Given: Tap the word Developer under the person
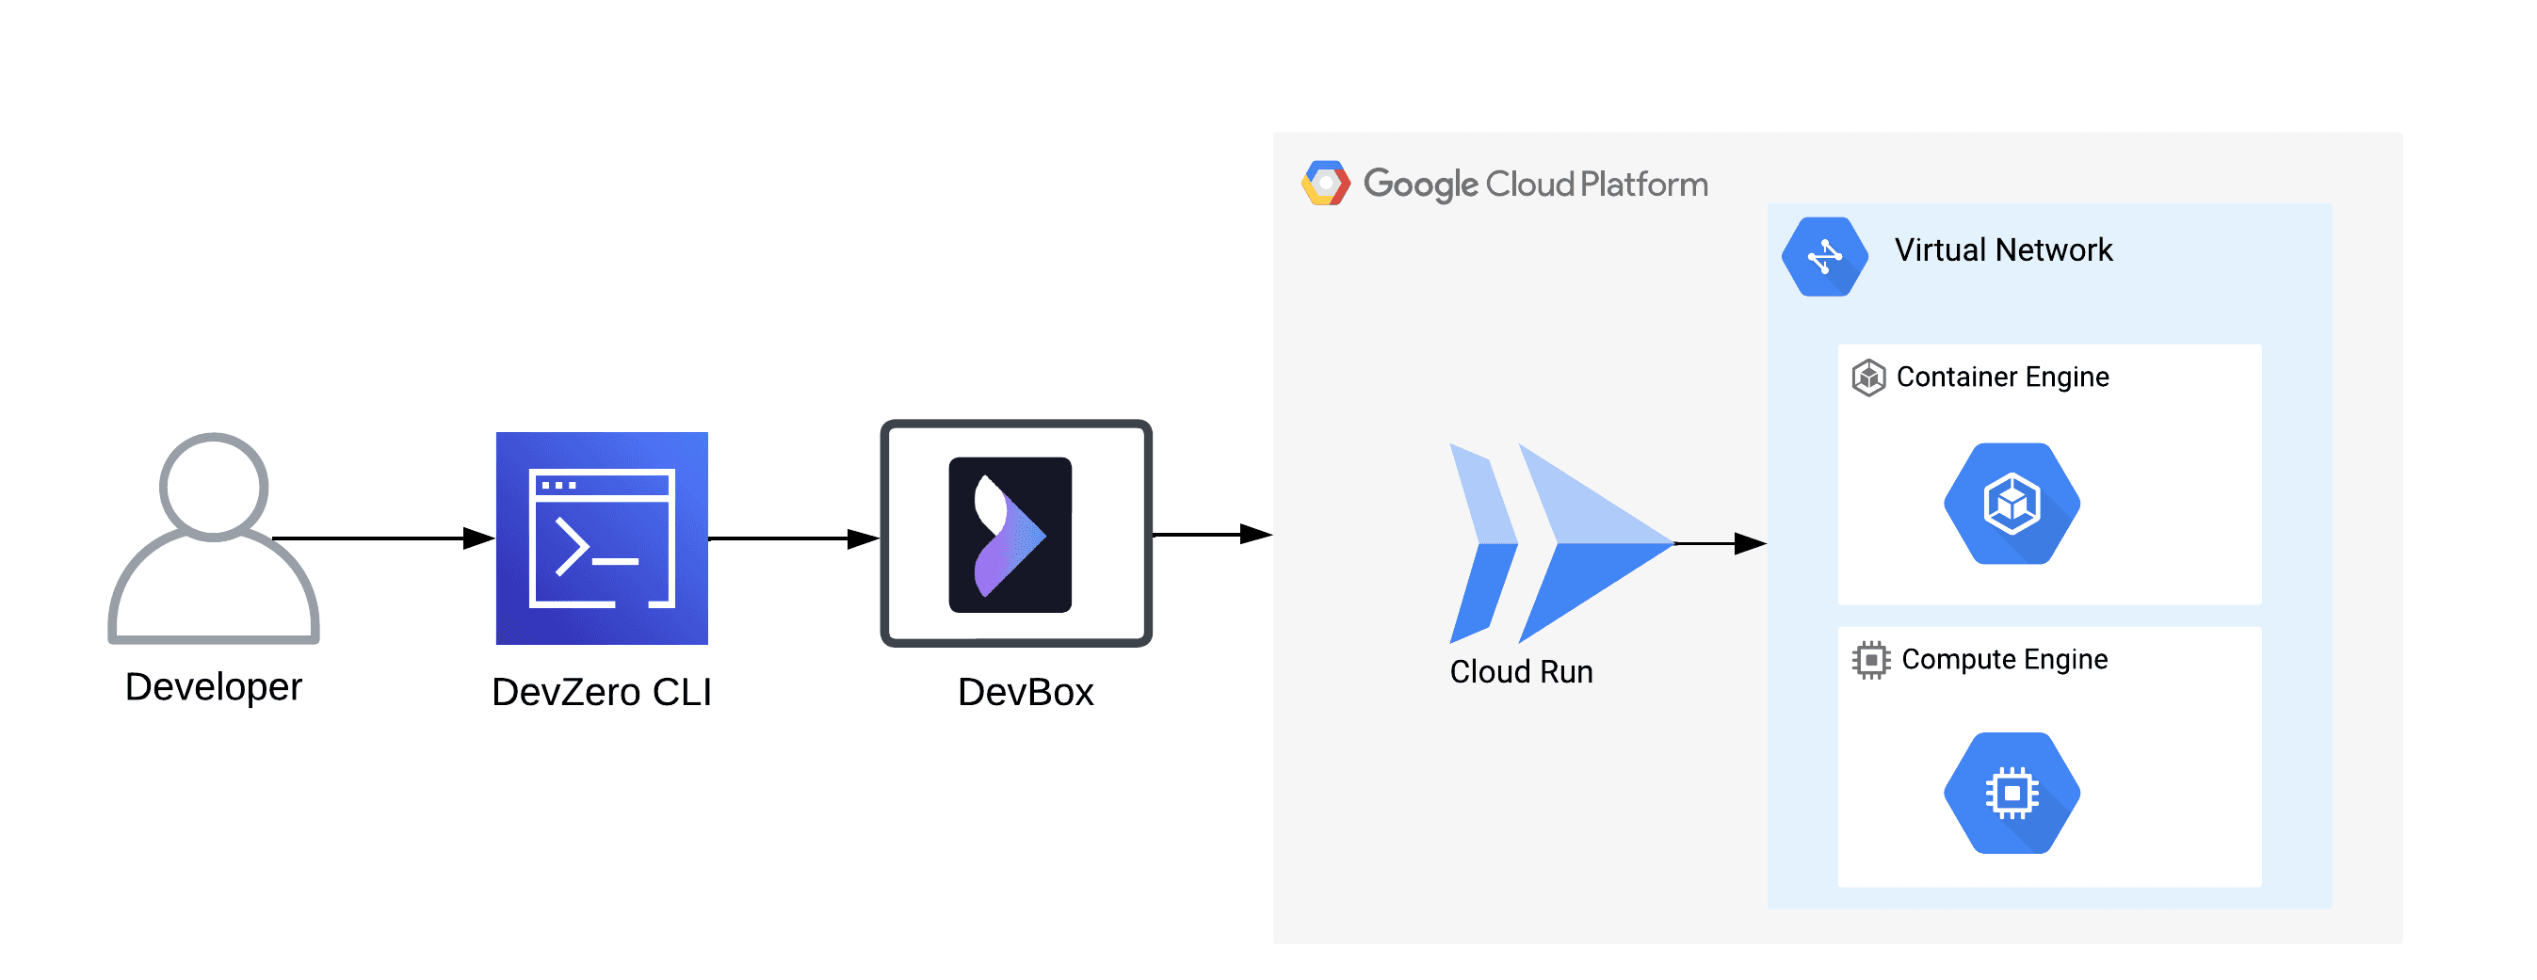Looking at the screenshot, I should click(x=214, y=686).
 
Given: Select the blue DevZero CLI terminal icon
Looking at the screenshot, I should click(x=602, y=538).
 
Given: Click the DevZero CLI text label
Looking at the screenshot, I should click(x=602, y=691).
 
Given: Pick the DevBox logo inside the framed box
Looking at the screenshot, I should click(x=1010, y=534).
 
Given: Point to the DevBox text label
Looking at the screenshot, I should click(x=1026, y=691).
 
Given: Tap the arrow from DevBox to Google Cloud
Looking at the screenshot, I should click(x=1211, y=534).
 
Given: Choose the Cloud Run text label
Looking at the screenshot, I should click(x=1521, y=672).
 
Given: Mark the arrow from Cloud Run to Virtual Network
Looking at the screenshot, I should click(x=1720, y=542).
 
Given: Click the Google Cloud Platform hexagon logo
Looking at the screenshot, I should click(x=1326, y=184).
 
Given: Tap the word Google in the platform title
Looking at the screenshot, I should click(x=1420, y=185).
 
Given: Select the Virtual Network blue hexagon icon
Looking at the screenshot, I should click(x=1824, y=256).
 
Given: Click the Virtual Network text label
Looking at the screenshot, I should click(x=2003, y=250).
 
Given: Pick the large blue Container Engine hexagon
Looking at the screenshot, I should click(x=2012, y=504).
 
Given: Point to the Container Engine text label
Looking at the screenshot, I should click(x=2002, y=378).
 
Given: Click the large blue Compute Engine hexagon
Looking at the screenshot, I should click(x=2012, y=792).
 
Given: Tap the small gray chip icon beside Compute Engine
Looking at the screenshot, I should click(x=1870, y=660).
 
